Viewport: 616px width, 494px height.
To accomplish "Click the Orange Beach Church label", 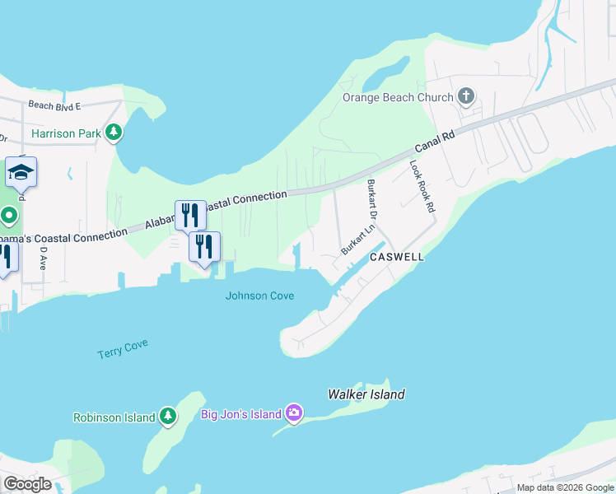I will pos(398,97).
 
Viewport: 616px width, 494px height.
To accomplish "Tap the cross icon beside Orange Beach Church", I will pos(466,97).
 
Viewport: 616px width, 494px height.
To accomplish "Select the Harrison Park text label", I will pos(66,133).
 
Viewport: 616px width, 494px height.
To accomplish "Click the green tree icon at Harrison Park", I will pos(114,133).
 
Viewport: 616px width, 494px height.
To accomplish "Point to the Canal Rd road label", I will pos(434,141).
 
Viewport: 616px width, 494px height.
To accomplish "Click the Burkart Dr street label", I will pos(371,200).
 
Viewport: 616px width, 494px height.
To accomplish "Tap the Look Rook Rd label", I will pos(422,187).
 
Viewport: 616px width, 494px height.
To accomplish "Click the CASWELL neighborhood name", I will pos(396,257).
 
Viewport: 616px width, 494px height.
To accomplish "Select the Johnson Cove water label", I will pos(259,296).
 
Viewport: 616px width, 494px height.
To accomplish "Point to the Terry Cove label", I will pos(123,348).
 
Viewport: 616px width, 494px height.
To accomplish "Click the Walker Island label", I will pos(366,395).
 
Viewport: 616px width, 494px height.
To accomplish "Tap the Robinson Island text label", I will pos(114,417).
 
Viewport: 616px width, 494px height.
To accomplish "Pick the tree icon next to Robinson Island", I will pos(168,416).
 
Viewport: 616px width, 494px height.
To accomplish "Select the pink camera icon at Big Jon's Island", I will pos(294,413).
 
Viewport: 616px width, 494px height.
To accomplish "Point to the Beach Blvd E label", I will pos(54,105).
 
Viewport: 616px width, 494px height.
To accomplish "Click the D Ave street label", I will pos(43,259).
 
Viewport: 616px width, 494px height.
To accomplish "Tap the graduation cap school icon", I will pos(21,171).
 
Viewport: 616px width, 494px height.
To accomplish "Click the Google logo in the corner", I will pos(27,484).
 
